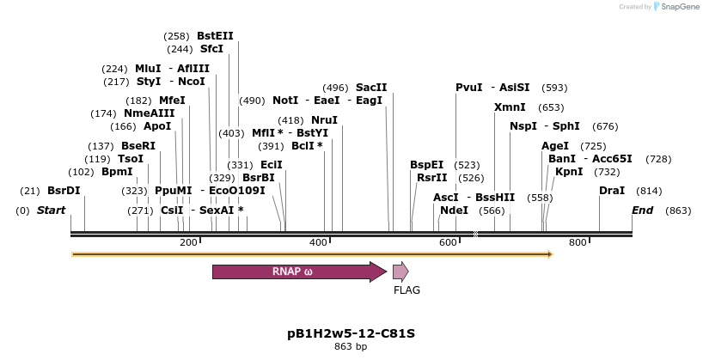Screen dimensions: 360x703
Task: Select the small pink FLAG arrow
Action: pos(400,272)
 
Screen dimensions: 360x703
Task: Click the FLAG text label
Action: pos(407,290)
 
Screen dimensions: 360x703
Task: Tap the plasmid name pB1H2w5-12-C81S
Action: pos(351,333)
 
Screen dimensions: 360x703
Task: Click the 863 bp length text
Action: pos(351,347)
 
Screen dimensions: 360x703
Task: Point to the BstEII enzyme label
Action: pos(215,36)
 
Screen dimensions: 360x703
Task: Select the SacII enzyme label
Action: pos(371,88)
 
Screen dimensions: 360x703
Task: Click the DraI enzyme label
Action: pos(612,191)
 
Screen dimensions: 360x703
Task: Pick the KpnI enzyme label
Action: pos(569,172)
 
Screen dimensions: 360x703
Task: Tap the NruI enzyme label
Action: pos(325,120)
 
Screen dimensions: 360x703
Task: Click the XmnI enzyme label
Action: pos(510,107)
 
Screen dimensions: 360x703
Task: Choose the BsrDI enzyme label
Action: pos(64,191)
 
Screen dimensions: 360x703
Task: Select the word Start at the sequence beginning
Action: pos(52,211)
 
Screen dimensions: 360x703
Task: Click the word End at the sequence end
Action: pos(643,211)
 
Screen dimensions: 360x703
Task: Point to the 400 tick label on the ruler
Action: pos(319,243)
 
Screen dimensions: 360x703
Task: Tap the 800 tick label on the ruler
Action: pos(578,243)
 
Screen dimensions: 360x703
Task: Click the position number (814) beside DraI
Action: pos(649,191)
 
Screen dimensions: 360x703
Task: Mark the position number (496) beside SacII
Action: pos(335,88)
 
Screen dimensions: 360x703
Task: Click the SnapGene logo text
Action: pos(679,7)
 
